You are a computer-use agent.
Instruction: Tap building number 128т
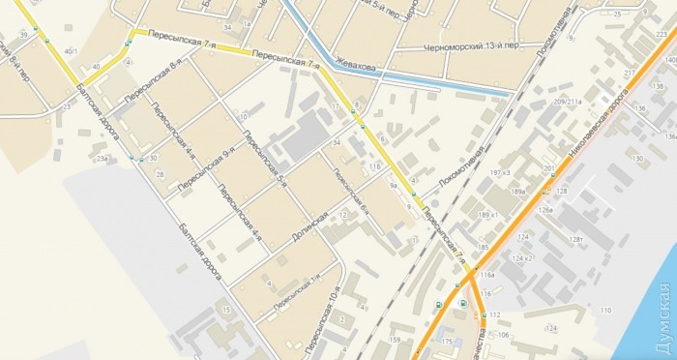click(x=575, y=239)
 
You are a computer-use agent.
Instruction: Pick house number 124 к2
click(x=523, y=258)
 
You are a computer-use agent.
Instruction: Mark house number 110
click(x=605, y=310)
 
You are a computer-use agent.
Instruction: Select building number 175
click(x=447, y=342)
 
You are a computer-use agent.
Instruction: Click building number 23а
click(x=102, y=156)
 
